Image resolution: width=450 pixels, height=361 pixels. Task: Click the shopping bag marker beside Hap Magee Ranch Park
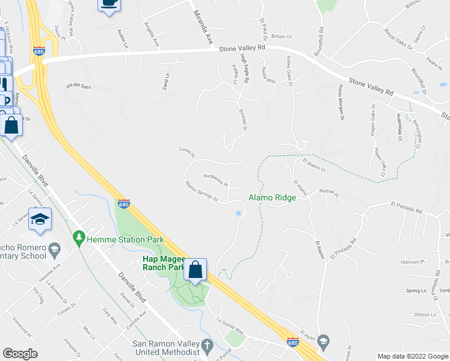(x=196, y=270)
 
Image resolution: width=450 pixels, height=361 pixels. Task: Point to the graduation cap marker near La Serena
(x=40, y=220)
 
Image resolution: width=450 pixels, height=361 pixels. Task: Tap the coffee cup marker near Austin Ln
(x=109, y=3)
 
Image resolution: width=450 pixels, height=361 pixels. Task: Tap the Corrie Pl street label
(x=187, y=153)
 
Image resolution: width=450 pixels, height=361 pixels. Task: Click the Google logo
(x=20, y=354)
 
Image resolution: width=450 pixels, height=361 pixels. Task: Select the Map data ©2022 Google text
(x=412, y=356)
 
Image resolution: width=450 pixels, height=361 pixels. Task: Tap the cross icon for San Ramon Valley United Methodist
(x=207, y=346)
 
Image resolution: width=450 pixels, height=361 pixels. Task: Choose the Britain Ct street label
(x=281, y=37)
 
